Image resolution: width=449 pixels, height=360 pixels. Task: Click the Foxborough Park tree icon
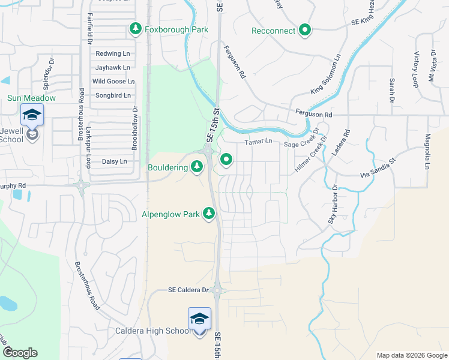click(x=136, y=29)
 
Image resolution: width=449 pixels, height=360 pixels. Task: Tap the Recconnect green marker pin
click(x=305, y=30)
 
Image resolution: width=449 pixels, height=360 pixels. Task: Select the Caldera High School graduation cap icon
click(x=199, y=318)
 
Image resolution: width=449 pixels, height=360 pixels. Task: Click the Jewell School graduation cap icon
click(x=32, y=114)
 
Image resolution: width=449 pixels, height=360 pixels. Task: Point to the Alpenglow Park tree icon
click(x=209, y=214)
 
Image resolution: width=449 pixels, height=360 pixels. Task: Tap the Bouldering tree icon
click(x=197, y=167)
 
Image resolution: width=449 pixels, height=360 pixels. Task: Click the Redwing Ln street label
click(x=112, y=54)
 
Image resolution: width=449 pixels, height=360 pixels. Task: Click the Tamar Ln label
click(x=258, y=142)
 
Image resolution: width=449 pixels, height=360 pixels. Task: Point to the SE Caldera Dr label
click(x=188, y=290)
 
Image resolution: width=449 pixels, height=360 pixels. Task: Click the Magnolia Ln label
click(x=428, y=152)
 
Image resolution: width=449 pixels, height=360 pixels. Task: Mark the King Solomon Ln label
click(x=325, y=74)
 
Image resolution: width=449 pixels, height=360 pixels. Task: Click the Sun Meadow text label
click(x=31, y=98)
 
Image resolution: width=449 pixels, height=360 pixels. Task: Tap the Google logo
click(x=20, y=353)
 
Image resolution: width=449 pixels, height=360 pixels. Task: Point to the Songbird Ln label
click(x=113, y=95)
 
